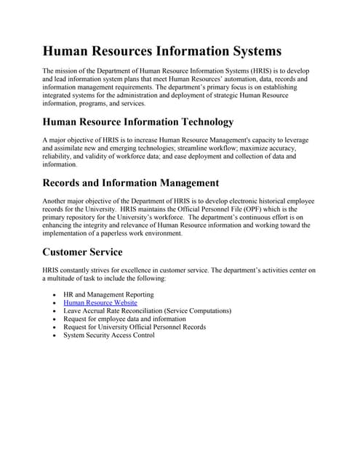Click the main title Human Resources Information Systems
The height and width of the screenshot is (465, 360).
(161, 52)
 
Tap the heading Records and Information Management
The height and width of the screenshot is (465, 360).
(130, 182)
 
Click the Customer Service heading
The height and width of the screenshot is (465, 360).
(82, 252)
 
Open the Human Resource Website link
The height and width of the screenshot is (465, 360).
(100, 302)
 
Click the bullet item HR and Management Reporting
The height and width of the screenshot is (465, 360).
(108, 294)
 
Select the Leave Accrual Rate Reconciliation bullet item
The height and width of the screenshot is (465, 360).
(148, 310)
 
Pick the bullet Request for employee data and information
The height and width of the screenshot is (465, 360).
(124, 318)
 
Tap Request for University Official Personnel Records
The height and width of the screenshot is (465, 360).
(135, 327)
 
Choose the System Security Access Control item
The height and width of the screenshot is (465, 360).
(109, 335)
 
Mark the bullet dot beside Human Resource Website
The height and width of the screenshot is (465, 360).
(55, 303)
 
